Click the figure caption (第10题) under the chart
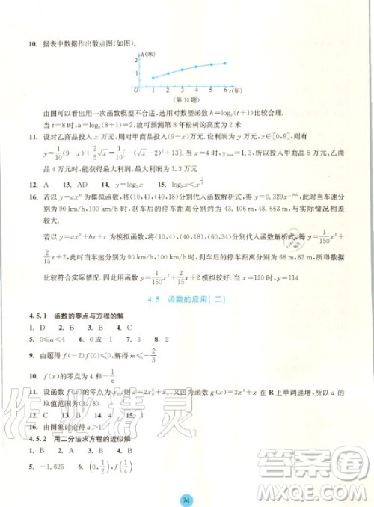click(x=183, y=98)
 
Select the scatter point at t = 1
click(x=153, y=78)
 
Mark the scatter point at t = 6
click(x=225, y=64)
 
